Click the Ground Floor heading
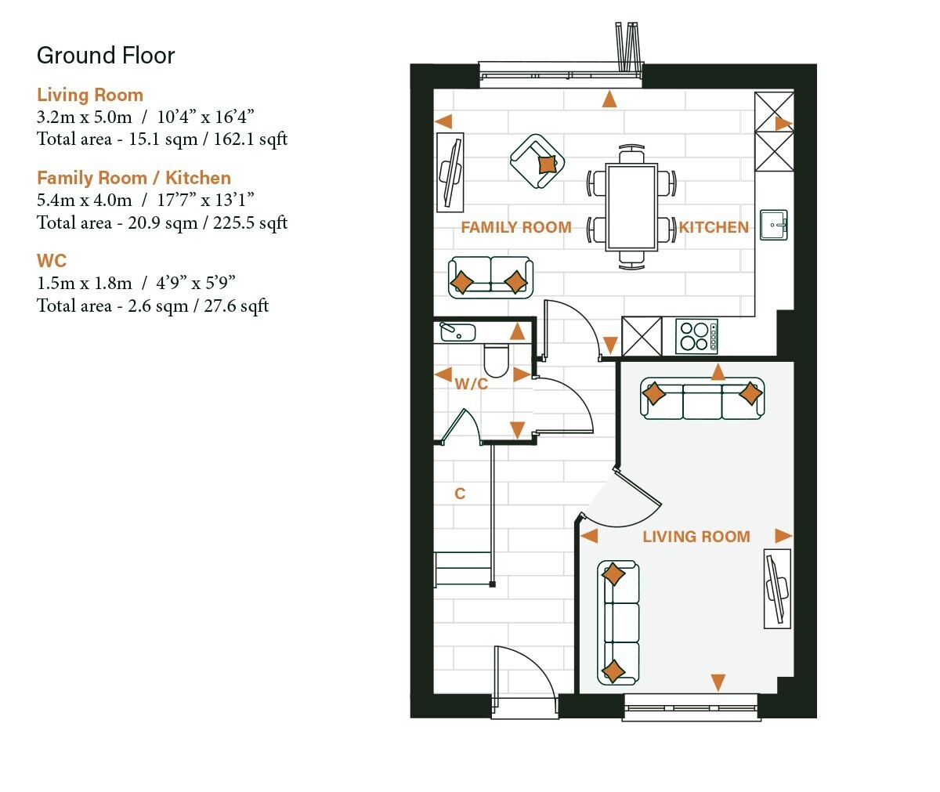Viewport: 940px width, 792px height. pyautogui.click(x=105, y=56)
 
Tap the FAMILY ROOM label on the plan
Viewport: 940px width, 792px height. pyautogui.click(x=516, y=227)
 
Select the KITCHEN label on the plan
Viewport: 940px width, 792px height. pyautogui.click(x=714, y=227)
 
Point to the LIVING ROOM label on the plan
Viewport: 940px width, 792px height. pyautogui.click(x=696, y=537)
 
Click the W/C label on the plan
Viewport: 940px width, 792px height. pyautogui.click(x=472, y=384)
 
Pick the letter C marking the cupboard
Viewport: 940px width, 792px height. pyautogui.click(x=460, y=494)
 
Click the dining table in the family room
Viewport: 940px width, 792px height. pyautogui.click(x=631, y=207)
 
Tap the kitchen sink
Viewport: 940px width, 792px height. pyautogui.click(x=774, y=225)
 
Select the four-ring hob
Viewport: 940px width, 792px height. pyautogui.click(x=696, y=336)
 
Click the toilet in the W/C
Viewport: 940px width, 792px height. pyautogui.click(x=496, y=360)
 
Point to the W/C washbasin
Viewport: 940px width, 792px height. pyautogui.click(x=457, y=332)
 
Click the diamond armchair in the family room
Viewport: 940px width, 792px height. pyautogui.click(x=537, y=161)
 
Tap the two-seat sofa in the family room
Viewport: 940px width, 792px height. pyautogui.click(x=490, y=277)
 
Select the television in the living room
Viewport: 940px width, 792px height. pyautogui.click(x=778, y=588)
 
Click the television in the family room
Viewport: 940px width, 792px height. pyautogui.click(x=450, y=172)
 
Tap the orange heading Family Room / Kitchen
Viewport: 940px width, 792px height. pyautogui.click(x=134, y=178)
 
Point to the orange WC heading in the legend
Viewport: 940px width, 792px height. pyautogui.click(x=52, y=261)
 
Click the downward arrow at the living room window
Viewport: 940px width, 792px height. pyautogui.click(x=718, y=682)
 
